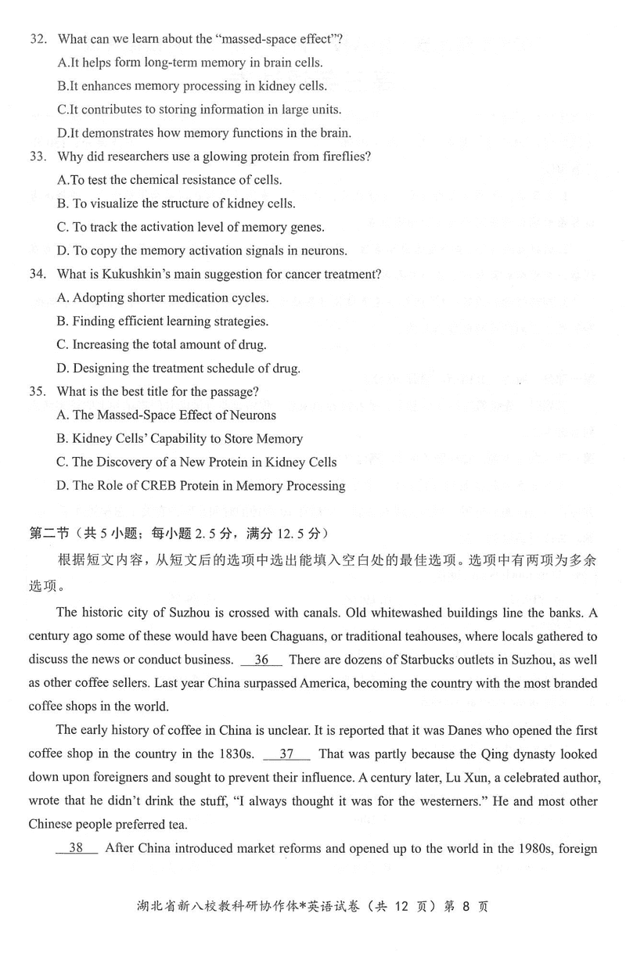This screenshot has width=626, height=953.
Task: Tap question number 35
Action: (37, 391)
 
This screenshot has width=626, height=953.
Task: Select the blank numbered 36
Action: (261, 660)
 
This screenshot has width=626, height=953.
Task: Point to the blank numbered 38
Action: (77, 848)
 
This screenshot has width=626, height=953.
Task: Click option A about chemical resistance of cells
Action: (170, 180)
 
